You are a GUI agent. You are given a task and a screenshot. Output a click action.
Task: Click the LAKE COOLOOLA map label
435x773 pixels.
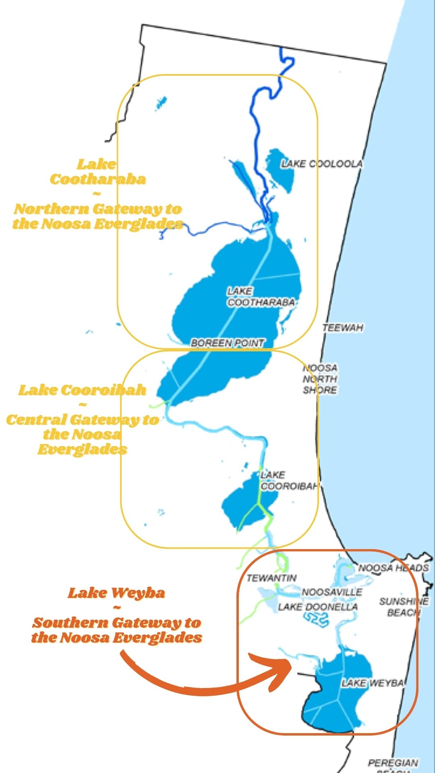pyautogui.click(x=321, y=164)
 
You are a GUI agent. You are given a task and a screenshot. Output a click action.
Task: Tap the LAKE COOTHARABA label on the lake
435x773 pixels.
pyautogui.click(x=260, y=297)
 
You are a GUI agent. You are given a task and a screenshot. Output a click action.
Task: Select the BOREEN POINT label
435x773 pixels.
pyautogui.click(x=228, y=343)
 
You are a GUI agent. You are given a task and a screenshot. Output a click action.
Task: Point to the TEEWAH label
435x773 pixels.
pyautogui.click(x=343, y=328)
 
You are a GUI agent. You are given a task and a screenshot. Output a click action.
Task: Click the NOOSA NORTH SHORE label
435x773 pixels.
pyautogui.click(x=320, y=379)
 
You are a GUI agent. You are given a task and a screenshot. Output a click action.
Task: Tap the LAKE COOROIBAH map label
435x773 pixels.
pyautogui.click(x=288, y=481)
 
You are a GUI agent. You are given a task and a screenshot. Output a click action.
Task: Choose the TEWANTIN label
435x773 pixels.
pyautogui.click(x=271, y=578)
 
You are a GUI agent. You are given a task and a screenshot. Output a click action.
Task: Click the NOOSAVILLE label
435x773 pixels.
pyautogui.click(x=332, y=592)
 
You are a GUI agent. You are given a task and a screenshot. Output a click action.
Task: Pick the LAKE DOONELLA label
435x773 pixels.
pyautogui.click(x=317, y=607)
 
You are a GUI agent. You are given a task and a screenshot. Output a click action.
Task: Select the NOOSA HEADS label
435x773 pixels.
pyautogui.click(x=394, y=568)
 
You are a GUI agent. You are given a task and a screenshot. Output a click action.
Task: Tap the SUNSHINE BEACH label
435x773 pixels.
pyautogui.click(x=404, y=607)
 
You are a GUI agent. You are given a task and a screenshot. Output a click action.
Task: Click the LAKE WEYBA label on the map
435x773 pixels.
pyautogui.click(x=372, y=683)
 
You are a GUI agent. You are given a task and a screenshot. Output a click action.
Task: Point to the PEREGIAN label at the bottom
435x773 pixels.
pyautogui.click(x=393, y=763)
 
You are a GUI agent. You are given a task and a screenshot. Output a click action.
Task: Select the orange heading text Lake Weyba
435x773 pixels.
pyautogui.click(x=116, y=593)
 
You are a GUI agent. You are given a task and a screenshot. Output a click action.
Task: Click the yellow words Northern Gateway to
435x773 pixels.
pyautogui.click(x=98, y=209)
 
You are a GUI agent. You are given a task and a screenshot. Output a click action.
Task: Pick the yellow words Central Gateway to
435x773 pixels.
pyautogui.click(x=82, y=420)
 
